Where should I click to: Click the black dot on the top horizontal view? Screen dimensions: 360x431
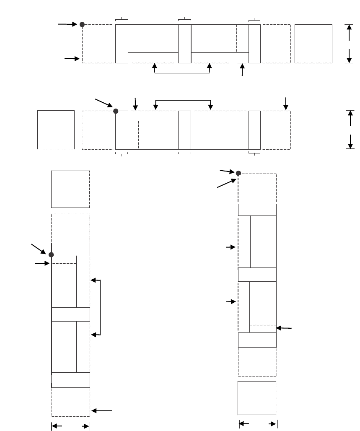(82, 24)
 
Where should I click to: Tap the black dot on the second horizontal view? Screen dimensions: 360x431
(116, 111)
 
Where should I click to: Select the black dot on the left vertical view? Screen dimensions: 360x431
(51, 254)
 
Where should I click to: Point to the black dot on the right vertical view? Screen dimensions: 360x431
(238, 173)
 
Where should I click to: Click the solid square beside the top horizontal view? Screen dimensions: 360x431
(313, 44)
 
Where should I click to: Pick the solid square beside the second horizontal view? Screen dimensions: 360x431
(56, 130)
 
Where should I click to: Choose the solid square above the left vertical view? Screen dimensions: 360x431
(70, 189)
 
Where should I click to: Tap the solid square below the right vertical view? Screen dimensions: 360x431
(257, 398)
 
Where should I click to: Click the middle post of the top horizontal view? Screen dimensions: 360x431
(184, 44)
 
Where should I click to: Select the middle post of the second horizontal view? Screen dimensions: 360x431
(184, 130)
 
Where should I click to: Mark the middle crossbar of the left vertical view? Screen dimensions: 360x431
(70, 314)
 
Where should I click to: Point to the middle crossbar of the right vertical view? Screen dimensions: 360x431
(257, 275)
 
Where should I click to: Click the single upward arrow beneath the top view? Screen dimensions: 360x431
(242, 70)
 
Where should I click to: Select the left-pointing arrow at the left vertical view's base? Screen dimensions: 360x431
(101, 411)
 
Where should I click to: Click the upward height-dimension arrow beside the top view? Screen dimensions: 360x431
(349, 32)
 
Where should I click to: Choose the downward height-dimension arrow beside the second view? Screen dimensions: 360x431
(350, 141)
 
